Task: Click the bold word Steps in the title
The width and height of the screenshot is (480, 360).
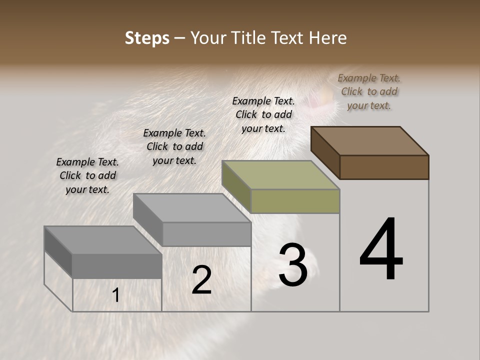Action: (x=147, y=38)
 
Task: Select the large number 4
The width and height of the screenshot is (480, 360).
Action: (x=381, y=250)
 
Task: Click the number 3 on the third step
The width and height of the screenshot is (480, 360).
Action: (x=293, y=265)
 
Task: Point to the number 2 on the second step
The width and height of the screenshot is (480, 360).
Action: (x=201, y=280)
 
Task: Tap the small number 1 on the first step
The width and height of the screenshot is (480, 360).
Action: (x=115, y=295)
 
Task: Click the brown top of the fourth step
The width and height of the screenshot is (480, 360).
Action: (x=370, y=140)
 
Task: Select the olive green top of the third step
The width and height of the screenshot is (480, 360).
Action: (x=281, y=175)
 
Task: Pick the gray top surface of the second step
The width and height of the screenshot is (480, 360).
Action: (x=192, y=208)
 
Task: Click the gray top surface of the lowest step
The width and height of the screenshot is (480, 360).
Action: (x=103, y=240)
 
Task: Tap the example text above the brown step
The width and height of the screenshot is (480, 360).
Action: (x=369, y=91)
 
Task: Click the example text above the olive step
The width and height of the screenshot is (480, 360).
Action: (x=263, y=114)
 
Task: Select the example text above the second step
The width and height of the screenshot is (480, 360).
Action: (x=174, y=146)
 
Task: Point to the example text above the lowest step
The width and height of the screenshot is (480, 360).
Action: (x=87, y=175)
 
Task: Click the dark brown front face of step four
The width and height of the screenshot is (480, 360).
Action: (x=384, y=167)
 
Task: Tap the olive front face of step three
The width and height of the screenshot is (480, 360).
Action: (x=295, y=201)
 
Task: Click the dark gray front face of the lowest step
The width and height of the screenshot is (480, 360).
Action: (x=117, y=266)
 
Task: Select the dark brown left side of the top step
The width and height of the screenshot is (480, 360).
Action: (x=325, y=152)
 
